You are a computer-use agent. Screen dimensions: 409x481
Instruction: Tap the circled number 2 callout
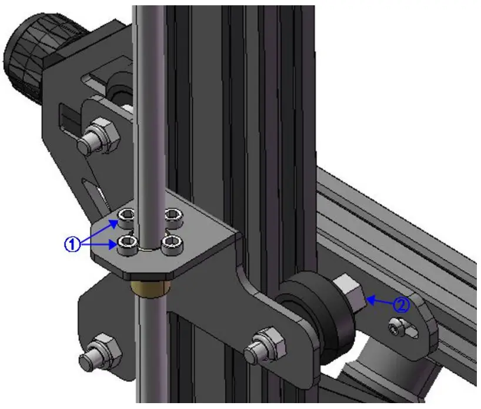tap(402, 305)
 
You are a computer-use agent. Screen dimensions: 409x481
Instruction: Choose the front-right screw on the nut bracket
tap(172, 243)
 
